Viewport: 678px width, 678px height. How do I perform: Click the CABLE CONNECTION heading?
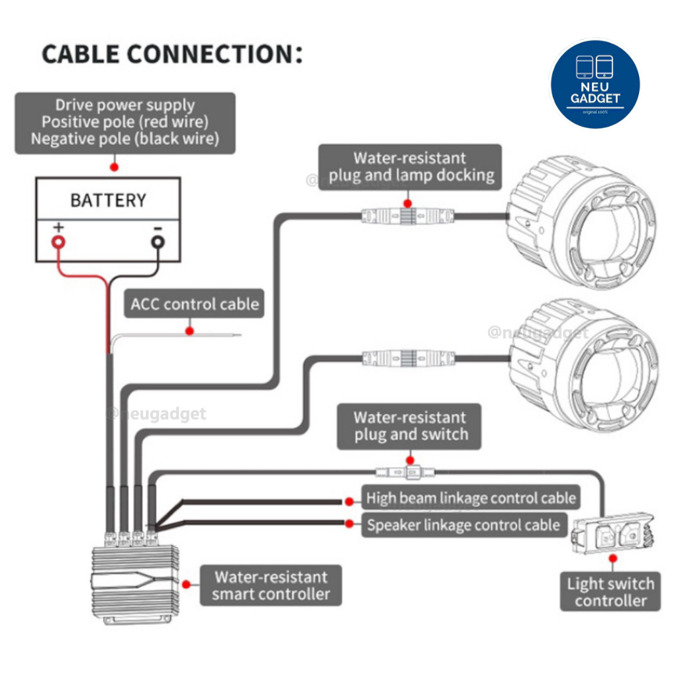pos(172,54)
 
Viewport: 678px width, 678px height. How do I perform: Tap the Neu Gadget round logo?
pos(595,84)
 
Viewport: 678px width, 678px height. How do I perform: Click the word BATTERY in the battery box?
pos(109,200)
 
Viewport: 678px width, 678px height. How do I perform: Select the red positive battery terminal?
pos(58,242)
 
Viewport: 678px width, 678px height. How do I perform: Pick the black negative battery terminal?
pos(158,242)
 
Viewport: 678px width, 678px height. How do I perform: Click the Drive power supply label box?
pos(125,122)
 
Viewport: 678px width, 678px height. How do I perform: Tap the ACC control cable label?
pos(194,303)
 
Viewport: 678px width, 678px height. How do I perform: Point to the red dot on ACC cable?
pos(189,331)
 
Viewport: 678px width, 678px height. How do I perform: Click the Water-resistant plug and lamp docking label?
pos(410,167)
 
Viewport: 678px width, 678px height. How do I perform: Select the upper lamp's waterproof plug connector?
pos(408,216)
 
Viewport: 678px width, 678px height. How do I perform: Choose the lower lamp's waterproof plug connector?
pos(409,358)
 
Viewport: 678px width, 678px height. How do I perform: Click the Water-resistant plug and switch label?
pos(409,426)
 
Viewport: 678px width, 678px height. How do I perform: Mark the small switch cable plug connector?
pos(406,472)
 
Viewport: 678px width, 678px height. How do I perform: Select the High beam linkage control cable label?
pos(471,498)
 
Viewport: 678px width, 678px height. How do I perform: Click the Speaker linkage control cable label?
pos(464,524)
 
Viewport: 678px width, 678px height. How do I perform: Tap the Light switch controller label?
pos(610,591)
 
